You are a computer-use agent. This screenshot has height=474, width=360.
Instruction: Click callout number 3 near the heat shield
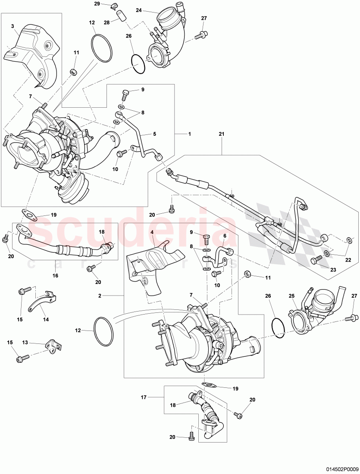13,26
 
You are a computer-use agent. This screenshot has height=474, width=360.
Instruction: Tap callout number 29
97,4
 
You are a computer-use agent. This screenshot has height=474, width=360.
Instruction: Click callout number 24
139,10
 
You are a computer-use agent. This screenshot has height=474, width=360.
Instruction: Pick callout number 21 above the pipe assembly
222,134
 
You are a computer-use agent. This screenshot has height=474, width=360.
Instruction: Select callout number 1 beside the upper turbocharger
189,134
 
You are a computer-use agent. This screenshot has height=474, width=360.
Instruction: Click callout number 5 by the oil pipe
154,134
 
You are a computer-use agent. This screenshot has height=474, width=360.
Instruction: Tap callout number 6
224,236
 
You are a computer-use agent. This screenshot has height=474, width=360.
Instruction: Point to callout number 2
100,296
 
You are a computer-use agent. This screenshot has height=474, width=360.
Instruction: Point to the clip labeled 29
113,6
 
